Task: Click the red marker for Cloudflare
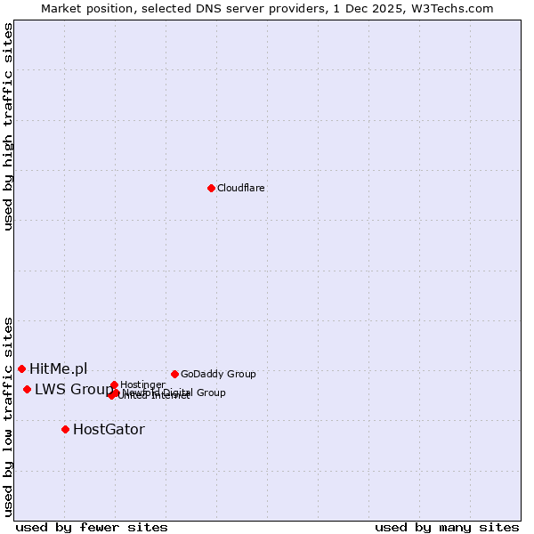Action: tap(211, 188)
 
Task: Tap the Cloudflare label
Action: tap(240, 188)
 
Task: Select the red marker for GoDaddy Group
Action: tap(174, 374)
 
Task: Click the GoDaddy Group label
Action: tap(218, 374)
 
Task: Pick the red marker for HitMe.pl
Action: tap(21, 368)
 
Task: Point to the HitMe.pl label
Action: tap(58, 368)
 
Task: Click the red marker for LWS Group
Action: tap(28, 389)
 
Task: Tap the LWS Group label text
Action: tap(73, 389)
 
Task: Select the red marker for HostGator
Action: tap(65, 429)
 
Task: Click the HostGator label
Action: tap(109, 429)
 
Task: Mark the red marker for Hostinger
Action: tap(114, 384)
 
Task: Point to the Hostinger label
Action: tap(142, 384)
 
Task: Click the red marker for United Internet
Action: tap(111, 395)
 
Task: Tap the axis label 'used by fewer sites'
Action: tap(92, 527)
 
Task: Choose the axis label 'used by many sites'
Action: tap(447, 527)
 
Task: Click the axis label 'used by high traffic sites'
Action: tap(8, 126)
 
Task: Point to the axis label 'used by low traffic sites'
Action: tap(8, 416)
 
